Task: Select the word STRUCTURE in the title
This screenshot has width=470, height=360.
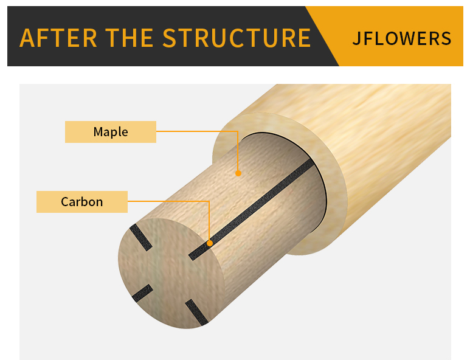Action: pyautogui.click(x=237, y=38)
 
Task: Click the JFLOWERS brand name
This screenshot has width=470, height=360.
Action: pyautogui.click(x=402, y=38)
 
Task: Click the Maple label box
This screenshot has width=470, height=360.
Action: pyautogui.click(x=111, y=132)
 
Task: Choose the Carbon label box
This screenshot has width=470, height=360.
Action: pyautogui.click(x=82, y=202)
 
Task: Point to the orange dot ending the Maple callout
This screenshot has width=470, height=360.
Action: pyautogui.click(x=238, y=173)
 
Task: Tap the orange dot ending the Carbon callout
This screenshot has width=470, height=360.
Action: pyautogui.click(x=210, y=243)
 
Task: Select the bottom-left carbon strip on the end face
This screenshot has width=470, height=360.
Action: pyautogui.click(x=142, y=293)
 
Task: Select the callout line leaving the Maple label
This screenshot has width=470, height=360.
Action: pyautogui.click(x=195, y=130)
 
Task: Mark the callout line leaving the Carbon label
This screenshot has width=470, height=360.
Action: pyautogui.click(x=170, y=201)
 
